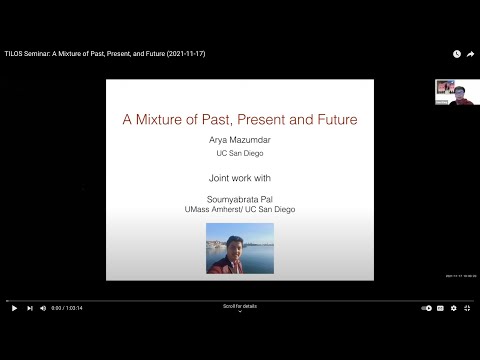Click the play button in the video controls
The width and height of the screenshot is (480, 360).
coord(14,308)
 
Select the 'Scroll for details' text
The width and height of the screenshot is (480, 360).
coord(239,306)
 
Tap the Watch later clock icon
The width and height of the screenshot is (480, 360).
coord(457,53)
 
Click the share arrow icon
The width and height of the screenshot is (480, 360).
coord(470,53)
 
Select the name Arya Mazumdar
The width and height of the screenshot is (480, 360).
coord(239,143)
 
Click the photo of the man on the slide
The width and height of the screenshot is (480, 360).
coord(239,248)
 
